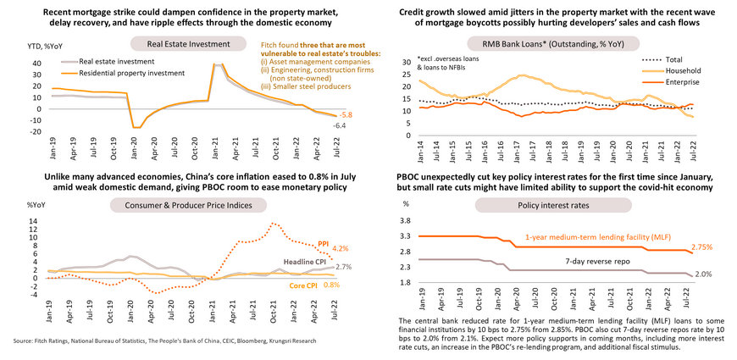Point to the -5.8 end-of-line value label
coord(346,115)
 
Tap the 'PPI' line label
coord(323,244)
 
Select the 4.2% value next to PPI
coord(341,248)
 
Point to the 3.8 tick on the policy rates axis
coord(405,220)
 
